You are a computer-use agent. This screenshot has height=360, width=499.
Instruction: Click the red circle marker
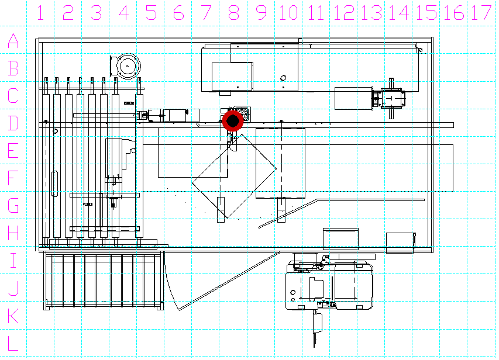coord(233,121)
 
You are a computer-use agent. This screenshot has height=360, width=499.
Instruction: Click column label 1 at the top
coord(40,13)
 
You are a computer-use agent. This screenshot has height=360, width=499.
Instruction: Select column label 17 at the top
coord(481,13)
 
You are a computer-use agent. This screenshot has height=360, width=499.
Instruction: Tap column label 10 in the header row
coord(288,13)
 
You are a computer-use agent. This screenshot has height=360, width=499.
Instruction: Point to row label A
coord(13,41)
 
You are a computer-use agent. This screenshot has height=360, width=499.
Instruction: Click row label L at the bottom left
coord(13,343)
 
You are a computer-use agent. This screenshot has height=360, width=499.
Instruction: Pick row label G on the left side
coord(13,206)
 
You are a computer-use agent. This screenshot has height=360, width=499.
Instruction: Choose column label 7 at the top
coord(207,13)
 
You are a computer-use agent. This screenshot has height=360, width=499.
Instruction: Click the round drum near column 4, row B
coord(128,66)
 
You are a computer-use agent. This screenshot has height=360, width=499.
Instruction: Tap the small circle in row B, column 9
coord(283,78)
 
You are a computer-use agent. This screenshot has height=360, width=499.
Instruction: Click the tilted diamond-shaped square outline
coord(234,176)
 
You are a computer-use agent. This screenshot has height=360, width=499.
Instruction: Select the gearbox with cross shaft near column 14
coord(391,99)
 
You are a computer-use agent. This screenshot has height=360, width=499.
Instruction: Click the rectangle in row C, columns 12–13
coord(353,99)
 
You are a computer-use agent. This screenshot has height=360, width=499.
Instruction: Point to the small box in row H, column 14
coord(400,243)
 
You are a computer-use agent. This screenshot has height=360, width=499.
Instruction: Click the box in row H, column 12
coord(340,239)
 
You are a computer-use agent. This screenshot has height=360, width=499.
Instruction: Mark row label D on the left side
coord(13,123)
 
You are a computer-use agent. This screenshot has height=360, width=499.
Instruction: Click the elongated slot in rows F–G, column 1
coord(55,184)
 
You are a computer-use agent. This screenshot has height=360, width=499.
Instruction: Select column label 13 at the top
coord(371,13)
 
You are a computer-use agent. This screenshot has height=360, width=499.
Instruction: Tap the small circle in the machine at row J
coord(292,292)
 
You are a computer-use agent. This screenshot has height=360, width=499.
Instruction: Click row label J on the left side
coord(13,288)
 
